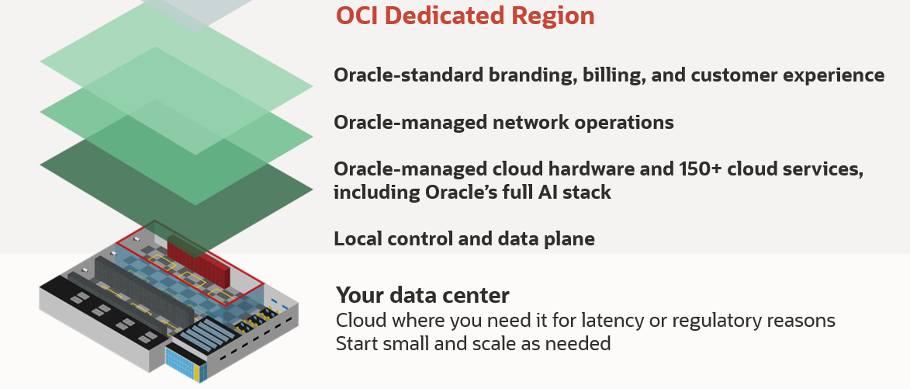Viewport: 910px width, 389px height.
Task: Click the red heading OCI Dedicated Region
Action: (x=465, y=16)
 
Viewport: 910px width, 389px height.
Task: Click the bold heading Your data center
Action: (x=423, y=295)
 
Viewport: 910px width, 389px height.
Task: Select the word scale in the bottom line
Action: (x=486, y=343)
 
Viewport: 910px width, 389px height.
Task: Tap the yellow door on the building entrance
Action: (x=196, y=373)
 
